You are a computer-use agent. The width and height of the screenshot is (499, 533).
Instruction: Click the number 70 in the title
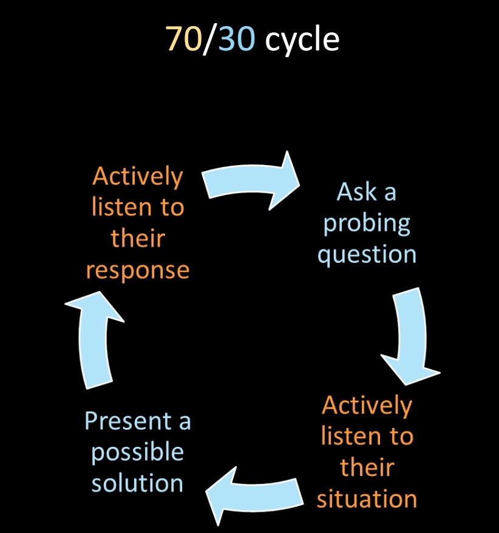[x=184, y=39]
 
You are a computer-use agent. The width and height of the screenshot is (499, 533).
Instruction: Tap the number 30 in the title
[x=236, y=39]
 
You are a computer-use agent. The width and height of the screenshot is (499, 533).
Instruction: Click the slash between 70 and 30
[x=210, y=40]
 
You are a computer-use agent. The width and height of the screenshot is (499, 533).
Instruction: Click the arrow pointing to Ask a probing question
[x=251, y=181]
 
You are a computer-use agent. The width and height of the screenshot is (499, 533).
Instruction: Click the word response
[x=138, y=271]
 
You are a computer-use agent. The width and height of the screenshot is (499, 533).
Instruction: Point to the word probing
[x=367, y=224]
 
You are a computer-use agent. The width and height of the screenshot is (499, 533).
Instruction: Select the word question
[x=367, y=256]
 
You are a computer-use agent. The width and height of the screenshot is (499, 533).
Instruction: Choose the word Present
[x=128, y=421]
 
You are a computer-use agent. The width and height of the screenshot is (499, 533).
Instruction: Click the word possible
[x=138, y=453]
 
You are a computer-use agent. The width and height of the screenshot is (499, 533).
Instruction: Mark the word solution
[x=137, y=483]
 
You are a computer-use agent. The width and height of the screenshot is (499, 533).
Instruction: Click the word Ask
[x=356, y=192]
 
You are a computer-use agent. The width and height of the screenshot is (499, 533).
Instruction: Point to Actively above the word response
[x=138, y=177]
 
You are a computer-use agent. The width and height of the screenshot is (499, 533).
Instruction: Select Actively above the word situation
[x=367, y=406]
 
